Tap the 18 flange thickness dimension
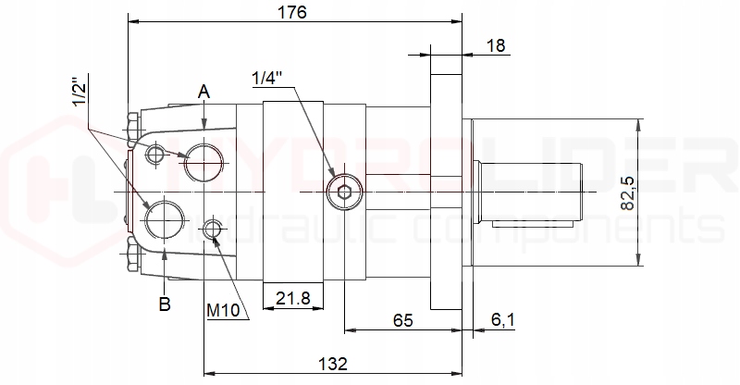496,45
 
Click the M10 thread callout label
223,311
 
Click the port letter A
203,92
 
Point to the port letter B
165,304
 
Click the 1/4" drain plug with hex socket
343,192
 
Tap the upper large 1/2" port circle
203,163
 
